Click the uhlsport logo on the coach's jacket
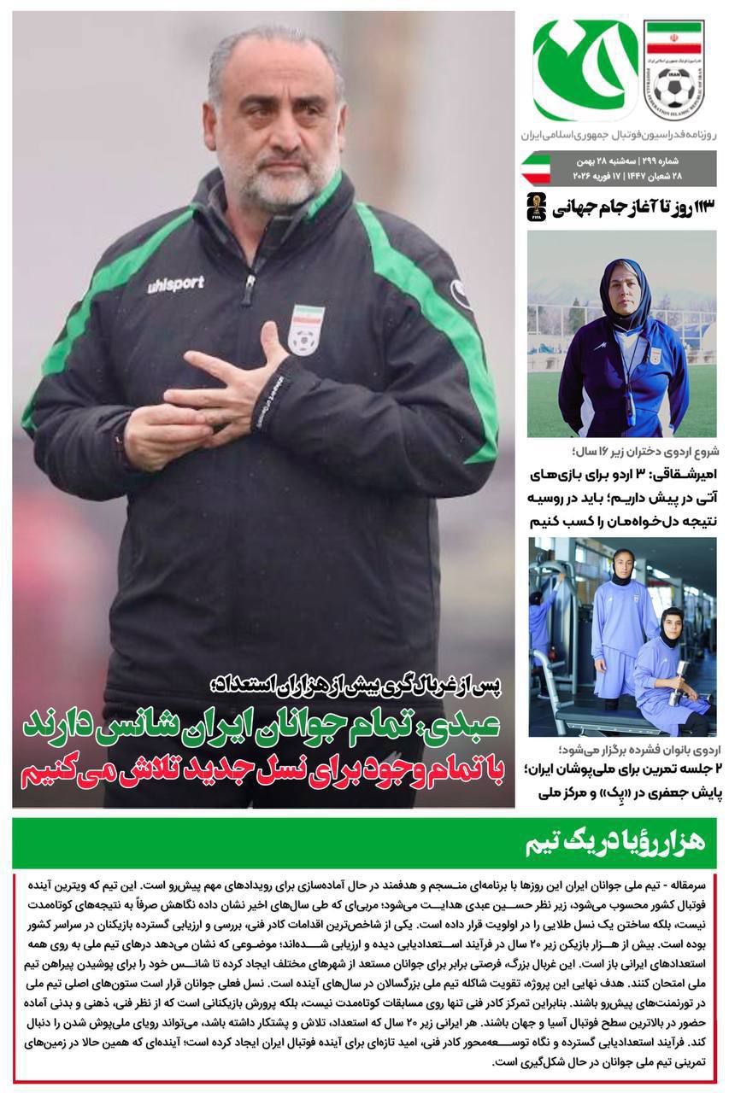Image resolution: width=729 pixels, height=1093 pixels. [175, 284]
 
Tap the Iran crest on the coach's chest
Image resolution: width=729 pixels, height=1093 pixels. [305, 328]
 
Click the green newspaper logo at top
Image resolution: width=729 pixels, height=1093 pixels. [585, 70]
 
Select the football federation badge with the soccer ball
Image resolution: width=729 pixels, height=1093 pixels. [673, 70]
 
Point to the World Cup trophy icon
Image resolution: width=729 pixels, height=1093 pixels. [536, 207]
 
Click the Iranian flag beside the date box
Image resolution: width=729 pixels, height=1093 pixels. [535, 167]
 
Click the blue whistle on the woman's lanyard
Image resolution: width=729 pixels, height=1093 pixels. [630, 411]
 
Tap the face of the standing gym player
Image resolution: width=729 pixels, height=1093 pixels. [623, 564]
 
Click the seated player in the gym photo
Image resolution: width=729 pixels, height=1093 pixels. [671, 666]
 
